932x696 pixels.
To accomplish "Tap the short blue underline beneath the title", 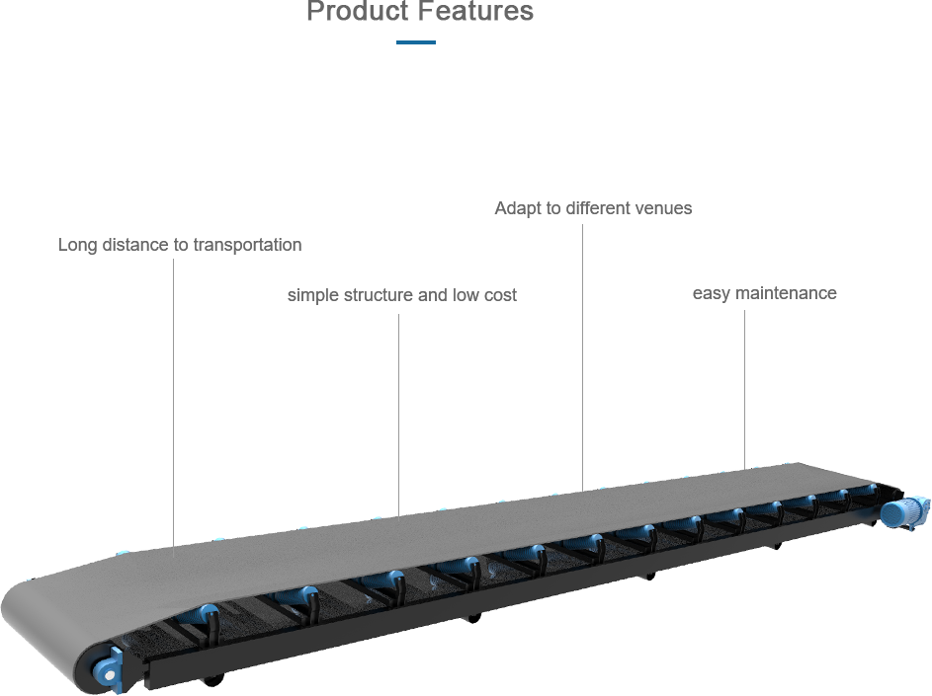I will coord(415,42).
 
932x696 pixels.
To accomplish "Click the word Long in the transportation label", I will coord(78,245).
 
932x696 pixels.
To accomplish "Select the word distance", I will coord(134,245).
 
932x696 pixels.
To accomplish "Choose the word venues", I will coord(663,208).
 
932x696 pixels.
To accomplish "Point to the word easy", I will coord(712,293).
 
